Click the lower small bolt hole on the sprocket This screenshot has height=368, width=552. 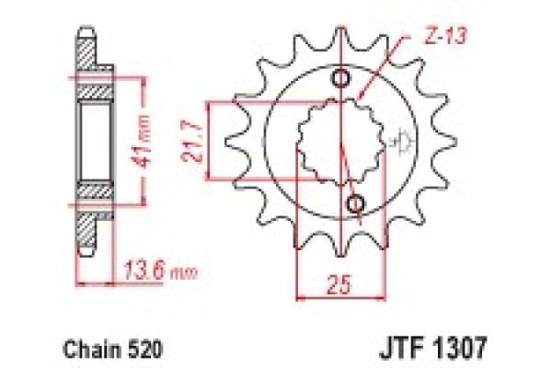[x=355, y=201]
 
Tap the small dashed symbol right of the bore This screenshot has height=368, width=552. [x=400, y=141]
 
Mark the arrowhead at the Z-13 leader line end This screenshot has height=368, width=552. [x=361, y=96]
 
